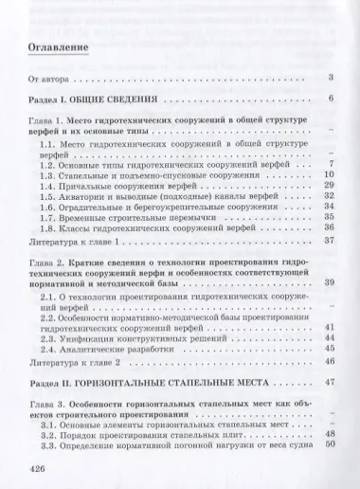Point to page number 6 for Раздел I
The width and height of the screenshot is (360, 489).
point(333,99)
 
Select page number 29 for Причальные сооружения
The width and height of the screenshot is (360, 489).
point(331,189)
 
